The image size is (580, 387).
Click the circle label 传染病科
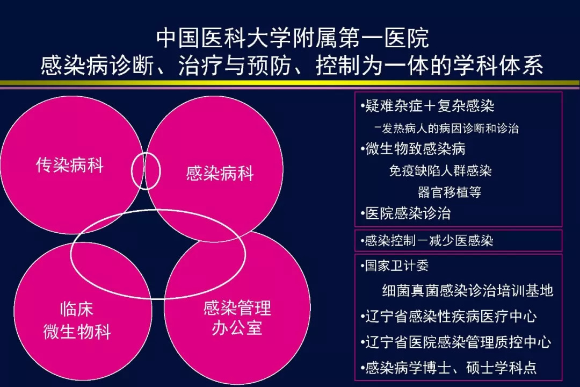point(69,165)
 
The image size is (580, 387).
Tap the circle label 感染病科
point(220,173)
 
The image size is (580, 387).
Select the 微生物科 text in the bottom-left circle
point(77,331)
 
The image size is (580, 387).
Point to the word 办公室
point(237,328)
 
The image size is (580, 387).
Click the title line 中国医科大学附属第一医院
point(293,38)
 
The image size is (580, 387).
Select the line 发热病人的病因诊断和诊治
point(446,128)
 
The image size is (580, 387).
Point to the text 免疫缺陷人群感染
point(440,171)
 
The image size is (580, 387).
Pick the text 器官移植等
point(450,192)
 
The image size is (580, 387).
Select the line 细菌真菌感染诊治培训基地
point(468,291)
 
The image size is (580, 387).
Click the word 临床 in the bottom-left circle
point(77,309)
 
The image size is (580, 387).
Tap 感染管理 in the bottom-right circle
point(237,307)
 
